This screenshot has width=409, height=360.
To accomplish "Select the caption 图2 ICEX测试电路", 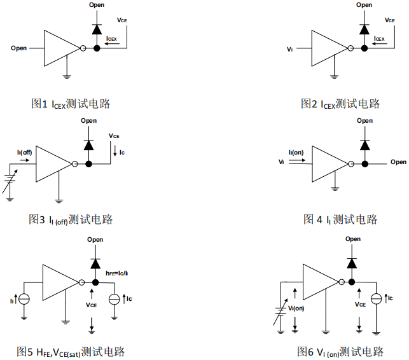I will click(340, 103).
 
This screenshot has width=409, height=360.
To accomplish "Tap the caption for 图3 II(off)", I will click(71, 219).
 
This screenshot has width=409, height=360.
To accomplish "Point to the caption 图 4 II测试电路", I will click(340, 219).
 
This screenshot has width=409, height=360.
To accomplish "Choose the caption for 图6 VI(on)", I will click(340, 351).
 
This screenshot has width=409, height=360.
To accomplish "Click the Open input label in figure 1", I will click(19, 48).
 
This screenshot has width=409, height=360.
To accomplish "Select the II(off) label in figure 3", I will click(25, 151).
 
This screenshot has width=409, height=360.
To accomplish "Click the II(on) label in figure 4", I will click(295, 151).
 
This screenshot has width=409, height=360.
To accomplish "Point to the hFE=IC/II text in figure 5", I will click(117, 273).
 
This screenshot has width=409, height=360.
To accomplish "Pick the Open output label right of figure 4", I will click(398, 162).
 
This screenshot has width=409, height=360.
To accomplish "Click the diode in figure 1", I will click(96, 29).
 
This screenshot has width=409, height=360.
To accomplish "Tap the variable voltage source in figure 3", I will click(8, 181).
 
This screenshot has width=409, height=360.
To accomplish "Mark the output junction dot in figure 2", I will click(364, 48).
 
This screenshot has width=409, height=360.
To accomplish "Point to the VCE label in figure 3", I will click(114, 136).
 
